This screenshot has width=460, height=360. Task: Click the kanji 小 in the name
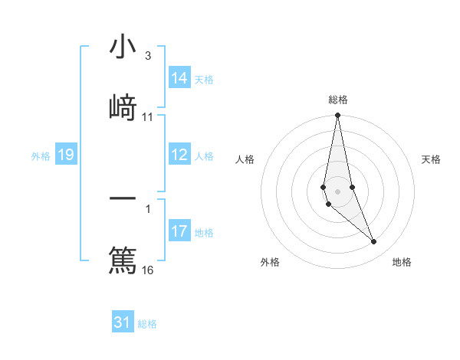[123, 48]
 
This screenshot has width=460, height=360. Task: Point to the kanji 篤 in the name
[123, 258]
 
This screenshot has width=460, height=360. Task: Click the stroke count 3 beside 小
[148, 56]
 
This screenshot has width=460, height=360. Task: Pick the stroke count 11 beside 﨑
[148, 117]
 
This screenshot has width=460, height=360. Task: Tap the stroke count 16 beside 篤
[148, 270]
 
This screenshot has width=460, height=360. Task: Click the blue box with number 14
[179, 79]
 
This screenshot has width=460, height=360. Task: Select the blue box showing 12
[179, 155]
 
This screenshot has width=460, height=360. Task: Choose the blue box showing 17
[179, 231]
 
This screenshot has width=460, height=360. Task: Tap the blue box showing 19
[66, 155]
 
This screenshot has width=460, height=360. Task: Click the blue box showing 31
[123, 322]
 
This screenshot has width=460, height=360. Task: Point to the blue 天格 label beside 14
[204, 80]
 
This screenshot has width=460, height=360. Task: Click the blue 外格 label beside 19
[41, 156]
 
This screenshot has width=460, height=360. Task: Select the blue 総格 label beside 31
[147, 324]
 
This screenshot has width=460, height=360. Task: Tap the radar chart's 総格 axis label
[338, 100]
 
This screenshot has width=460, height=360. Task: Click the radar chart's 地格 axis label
[402, 262]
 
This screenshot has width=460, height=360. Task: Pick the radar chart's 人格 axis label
[245, 159]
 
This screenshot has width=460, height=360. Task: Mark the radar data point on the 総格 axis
[337, 116]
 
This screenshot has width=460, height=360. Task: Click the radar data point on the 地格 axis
[374, 242]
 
